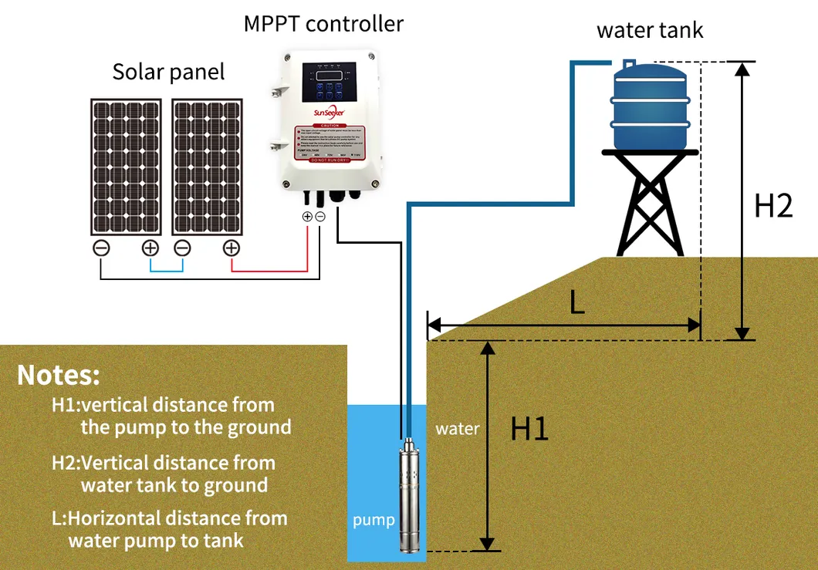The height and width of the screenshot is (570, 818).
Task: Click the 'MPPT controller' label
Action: [323, 24]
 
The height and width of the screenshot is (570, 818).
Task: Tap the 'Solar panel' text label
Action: [168, 73]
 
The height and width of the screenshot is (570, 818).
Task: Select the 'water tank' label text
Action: [650, 31]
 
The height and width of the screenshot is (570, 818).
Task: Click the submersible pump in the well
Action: [409, 494]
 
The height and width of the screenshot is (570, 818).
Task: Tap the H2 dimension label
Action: [772, 206]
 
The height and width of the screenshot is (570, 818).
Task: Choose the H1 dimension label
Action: [529, 429]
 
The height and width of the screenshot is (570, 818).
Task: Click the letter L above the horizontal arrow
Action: [576, 303]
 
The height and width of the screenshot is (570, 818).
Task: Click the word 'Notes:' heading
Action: [59, 376]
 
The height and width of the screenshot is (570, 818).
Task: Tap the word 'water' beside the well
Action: [457, 429]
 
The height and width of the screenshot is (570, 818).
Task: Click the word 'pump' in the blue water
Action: [374, 520]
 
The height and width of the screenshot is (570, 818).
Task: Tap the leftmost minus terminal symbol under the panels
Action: [101, 248]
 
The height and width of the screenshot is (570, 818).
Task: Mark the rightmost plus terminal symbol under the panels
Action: [231, 248]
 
